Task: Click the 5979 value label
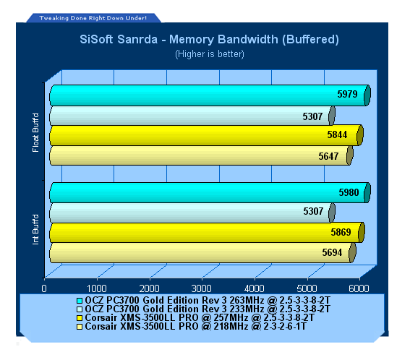(347, 94)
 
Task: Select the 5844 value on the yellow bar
(337, 134)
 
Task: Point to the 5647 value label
(328, 156)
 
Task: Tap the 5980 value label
(349, 192)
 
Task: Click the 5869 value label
(341, 232)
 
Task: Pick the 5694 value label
(332, 252)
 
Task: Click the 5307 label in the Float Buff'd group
(312, 116)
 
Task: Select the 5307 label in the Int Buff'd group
(313, 211)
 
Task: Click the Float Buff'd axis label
(35, 132)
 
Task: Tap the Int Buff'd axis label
(35, 230)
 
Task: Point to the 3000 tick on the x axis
(201, 288)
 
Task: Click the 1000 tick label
(96, 288)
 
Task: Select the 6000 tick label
(359, 288)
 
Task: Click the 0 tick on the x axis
(44, 288)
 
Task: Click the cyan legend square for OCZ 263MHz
(80, 301)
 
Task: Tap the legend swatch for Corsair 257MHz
(80, 318)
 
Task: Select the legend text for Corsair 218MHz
(195, 326)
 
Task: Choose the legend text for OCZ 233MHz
(208, 309)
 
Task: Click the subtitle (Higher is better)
(210, 54)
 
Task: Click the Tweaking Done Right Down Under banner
(93, 18)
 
